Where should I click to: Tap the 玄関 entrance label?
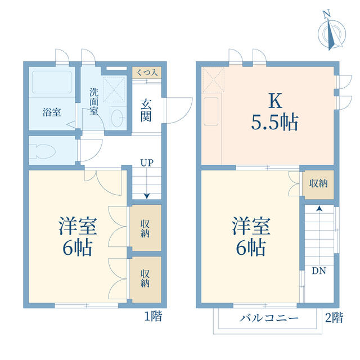click(146, 111)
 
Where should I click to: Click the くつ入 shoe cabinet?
click(147, 73)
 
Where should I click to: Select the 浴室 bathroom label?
click(52, 112)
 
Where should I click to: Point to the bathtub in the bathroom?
click(52, 82)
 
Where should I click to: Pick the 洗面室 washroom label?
click(94, 101)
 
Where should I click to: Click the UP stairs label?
click(147, 163)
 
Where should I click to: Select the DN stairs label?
click(319, 271)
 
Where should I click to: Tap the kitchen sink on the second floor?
click(211, 111)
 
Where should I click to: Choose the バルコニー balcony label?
click(269, 318)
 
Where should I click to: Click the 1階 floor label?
click(154, 316)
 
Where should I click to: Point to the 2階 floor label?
click(334, 318)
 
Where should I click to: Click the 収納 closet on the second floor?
click(318, 183)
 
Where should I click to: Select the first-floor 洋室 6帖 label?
click(78, 236)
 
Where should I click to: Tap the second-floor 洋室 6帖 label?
click(251, 236)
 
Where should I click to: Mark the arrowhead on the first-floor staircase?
click(147, 196)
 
